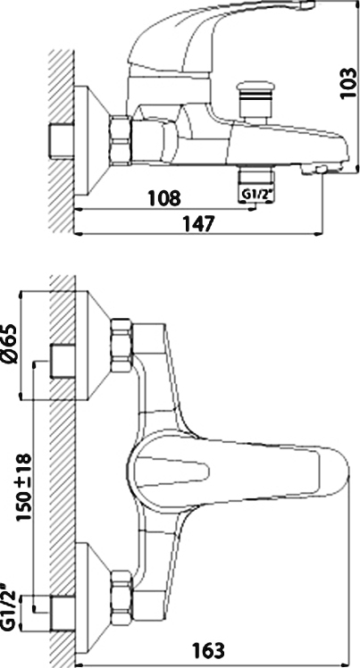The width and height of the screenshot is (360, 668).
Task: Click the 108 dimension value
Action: (x=164, y=198)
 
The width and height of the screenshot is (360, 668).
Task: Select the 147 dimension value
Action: (x=197, y=223)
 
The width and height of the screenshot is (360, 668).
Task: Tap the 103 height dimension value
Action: (x=348, y=83)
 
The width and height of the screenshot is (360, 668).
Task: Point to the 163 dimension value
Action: (x=208, y=650)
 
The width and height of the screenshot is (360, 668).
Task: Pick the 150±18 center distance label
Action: (x=23, y=488)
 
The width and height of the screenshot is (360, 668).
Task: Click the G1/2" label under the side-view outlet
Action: (x=256, y=195)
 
